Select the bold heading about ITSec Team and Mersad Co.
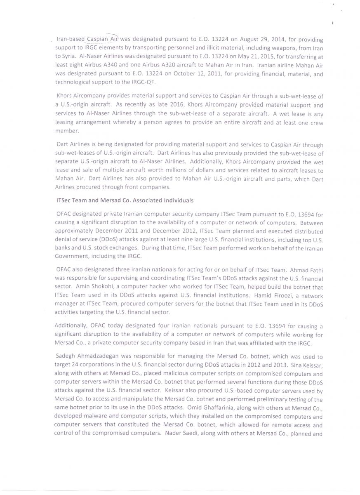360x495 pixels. [125, 200]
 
